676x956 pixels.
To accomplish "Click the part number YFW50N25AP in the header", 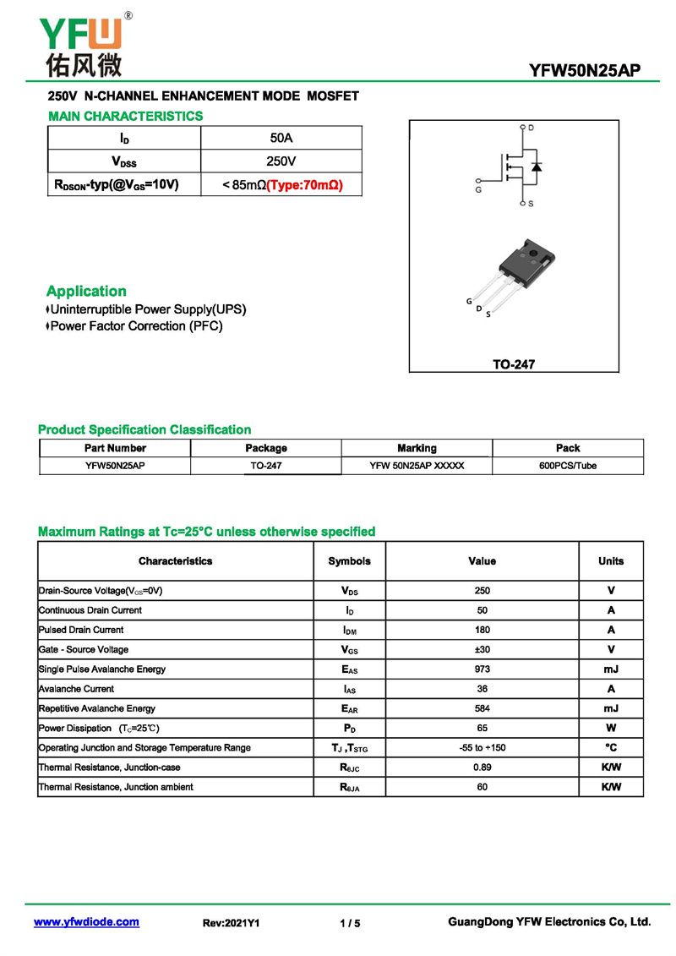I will (584, 71).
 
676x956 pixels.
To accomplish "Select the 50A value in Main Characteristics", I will (281, 138).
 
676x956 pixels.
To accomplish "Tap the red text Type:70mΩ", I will (304, 184).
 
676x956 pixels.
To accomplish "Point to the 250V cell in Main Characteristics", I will (281, 161).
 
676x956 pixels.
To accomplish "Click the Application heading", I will (86, 291).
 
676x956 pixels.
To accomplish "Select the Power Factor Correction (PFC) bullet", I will (136, 326).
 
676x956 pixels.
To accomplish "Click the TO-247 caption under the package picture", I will (514, 365).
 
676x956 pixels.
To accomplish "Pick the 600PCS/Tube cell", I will (567, 466).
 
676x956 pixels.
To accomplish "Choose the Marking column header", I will (417, 448).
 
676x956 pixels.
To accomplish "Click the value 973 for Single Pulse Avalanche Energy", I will (482, 669).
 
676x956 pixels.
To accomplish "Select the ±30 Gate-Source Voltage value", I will (482, 650).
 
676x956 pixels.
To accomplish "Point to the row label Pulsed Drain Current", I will (81, 630).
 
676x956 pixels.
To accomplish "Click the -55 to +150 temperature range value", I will (482, 748).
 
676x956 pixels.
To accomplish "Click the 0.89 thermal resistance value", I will (482, 768).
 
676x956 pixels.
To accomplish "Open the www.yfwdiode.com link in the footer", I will (86, 922).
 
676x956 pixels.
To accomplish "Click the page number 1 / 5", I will (350, 923).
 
